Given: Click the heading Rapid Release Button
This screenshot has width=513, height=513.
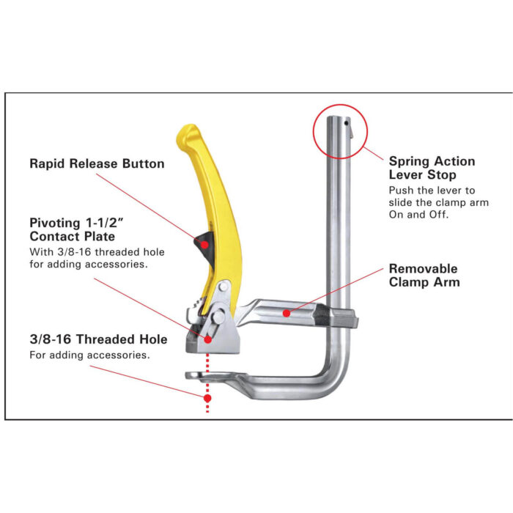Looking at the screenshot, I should click(97, 163).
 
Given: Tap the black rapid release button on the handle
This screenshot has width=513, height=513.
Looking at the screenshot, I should click(204, 243).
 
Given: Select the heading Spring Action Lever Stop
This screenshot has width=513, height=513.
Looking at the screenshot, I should click(432, 168).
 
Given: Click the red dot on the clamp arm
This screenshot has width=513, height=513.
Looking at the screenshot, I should click(288, 313).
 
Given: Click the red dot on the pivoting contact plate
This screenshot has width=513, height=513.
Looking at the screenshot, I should click(208, 339).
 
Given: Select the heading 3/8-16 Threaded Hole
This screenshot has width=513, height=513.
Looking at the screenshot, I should click(98, 339).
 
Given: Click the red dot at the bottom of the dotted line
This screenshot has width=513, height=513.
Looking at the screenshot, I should click(207, 398).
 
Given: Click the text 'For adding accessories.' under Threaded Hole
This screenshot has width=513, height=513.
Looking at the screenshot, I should click(89, 355).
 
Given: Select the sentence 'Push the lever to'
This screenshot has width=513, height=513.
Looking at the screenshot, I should click(432, 190).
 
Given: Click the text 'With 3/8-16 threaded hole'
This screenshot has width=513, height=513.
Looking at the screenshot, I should click(97, 252).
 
